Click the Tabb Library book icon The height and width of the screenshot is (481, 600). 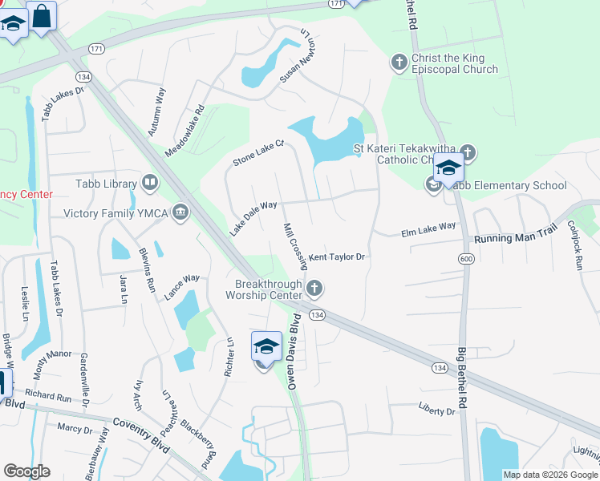point(149,184)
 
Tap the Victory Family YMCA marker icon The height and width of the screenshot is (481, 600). point(181,213)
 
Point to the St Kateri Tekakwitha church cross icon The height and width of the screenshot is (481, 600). point(468,152)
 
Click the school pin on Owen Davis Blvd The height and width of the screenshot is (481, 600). point(266,347)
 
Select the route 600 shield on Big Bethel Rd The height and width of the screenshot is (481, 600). point(466,258)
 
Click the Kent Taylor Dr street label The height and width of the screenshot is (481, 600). point(338,257)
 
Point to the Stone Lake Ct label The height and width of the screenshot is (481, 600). point(259,153)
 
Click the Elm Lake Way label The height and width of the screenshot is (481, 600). point(428,230)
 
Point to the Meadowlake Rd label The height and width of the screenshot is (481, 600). point(185,131)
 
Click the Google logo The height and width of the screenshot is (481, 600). point(26,471)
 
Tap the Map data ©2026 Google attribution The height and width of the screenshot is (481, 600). point(550,475)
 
